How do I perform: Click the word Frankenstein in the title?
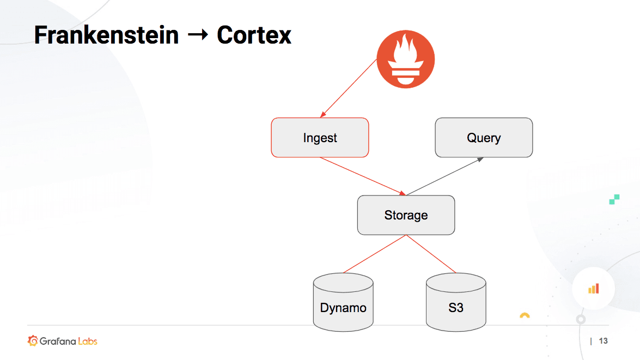click(106, 35)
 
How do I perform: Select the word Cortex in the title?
click(254, 35)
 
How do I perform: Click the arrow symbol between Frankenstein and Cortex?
click(197, 35)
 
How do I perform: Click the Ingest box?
click(320, 138)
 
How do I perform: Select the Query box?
click(483, 138)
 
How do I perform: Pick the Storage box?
click(406, 215)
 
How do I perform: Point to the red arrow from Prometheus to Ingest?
click(349, 88)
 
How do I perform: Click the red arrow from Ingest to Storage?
click(362, 176)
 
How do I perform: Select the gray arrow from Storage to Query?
click(445, 176)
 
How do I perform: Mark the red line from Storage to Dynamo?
click(375, 254)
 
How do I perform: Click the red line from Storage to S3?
click(431, 254)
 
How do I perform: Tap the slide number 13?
click(603, 341)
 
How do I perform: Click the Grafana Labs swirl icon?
click(33, 341)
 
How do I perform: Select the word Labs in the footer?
click(87, 341)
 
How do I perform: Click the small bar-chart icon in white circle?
click(593, 289)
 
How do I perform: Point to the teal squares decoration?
click(614, 199)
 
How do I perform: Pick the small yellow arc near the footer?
click(525, 315)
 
